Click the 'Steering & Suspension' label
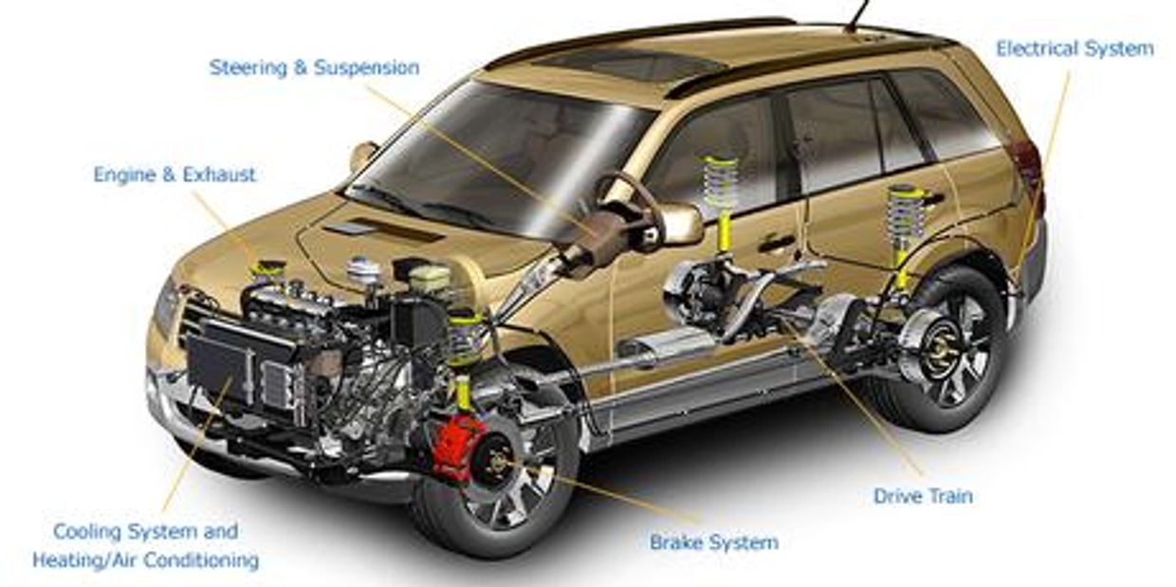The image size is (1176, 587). pos(314,67)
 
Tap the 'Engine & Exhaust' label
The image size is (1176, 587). pos(175,174)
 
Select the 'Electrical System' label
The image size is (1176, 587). pos(1075,48)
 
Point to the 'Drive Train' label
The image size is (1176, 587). pos(923,496)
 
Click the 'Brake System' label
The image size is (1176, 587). pos(714,541)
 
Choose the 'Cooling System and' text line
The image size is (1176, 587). pos(145,531)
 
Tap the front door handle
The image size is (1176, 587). pos(777,243)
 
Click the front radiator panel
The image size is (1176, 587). pos(220,362)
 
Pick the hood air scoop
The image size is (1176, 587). pos(383,231)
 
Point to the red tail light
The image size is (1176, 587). pos(1028,164)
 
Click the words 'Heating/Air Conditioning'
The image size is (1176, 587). pos(145,560)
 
